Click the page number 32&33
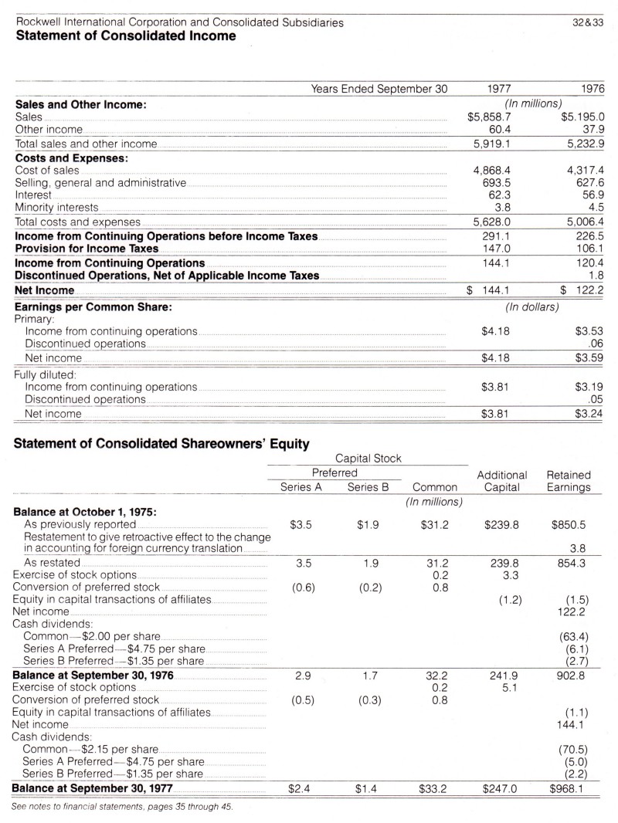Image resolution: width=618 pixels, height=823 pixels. [590, 22]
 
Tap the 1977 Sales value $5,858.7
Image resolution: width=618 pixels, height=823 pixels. [489, 117]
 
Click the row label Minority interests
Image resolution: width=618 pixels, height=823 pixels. [57, 207]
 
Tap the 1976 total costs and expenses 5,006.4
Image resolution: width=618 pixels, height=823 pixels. [584, 222]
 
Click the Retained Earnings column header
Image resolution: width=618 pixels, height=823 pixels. [569, 481]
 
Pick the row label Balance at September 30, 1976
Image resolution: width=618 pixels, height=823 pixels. [95, 674]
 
